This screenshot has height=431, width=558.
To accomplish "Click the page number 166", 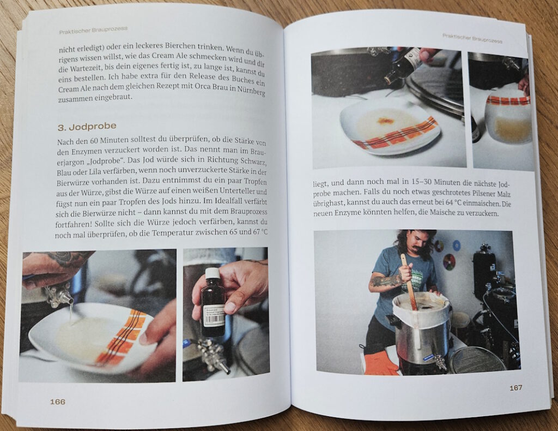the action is [58, 402].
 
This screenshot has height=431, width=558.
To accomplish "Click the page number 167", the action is [515, 387].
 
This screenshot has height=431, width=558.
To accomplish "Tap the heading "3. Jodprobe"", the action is [87, 127].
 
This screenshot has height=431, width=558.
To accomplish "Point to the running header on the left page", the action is [93, 30].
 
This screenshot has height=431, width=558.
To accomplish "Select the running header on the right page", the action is [472, 39].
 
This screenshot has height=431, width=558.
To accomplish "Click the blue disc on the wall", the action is [456, 246].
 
